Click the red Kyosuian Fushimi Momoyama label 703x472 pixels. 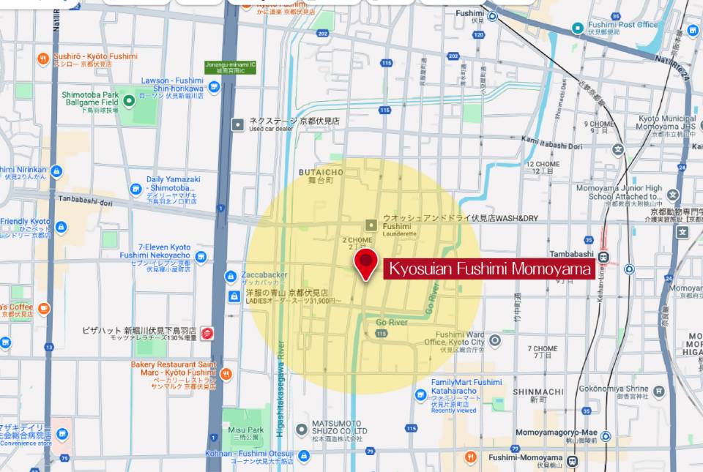pos(489,269)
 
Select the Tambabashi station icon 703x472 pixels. pos(603,257)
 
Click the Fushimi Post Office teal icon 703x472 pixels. pos(577,29)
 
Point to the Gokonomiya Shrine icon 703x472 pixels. pos(658,391)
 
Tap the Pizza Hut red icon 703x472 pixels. pos(207,334)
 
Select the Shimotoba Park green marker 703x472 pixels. pos(129,100)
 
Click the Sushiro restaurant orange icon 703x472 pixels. pos(44,59)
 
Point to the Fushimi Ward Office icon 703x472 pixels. pos(495,340)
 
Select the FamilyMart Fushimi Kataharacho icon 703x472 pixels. pos(420,395)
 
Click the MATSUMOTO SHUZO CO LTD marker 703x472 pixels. pos(301,430)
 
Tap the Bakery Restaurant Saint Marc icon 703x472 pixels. pos(226,374)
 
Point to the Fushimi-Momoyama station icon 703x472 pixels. pos(571,461)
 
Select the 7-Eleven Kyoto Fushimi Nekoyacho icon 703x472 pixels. pos(201,257)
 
